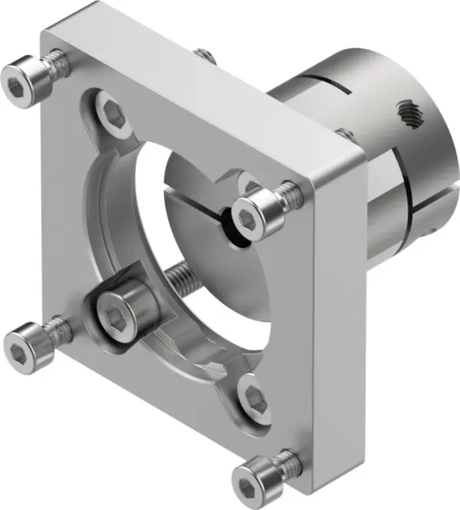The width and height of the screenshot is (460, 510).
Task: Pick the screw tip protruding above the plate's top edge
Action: (x=202, y=53)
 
